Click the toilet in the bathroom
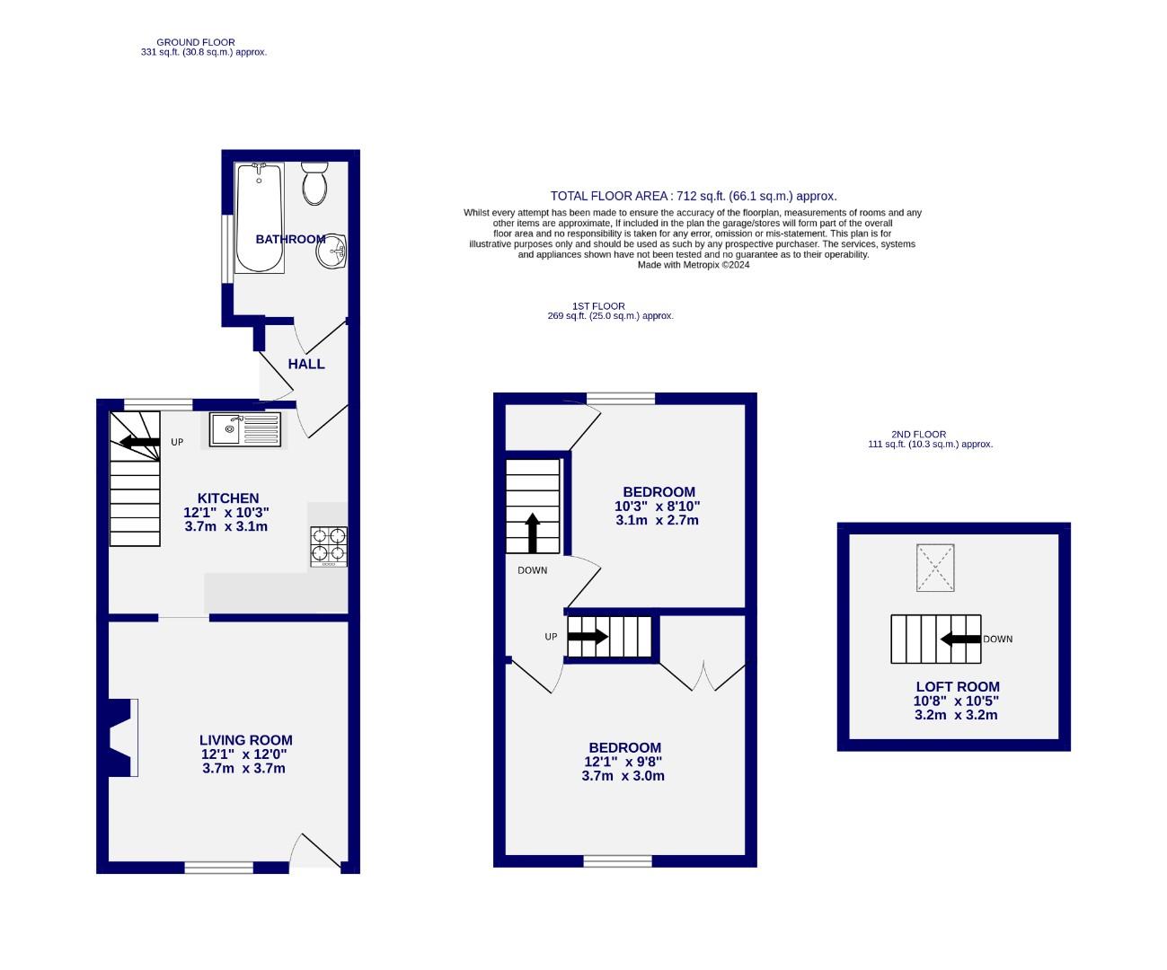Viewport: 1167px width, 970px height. (314, 183)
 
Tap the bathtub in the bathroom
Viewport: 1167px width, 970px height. (260, 218)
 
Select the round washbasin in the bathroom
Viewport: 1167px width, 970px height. (331, 251)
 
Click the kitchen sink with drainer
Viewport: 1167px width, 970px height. (245, 429)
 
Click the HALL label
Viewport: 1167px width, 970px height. (306, 364)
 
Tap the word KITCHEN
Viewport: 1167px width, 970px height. (228, 498)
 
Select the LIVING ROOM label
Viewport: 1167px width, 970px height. (245, 740)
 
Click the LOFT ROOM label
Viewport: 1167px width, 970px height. (957, 687)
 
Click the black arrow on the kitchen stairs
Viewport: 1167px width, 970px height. (139, 442)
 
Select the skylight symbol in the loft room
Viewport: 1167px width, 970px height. (935, 568)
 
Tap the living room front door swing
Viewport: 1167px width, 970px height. (317, 851)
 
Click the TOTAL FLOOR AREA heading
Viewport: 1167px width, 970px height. (693, 196)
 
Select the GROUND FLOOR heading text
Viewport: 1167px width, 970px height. (196, 42)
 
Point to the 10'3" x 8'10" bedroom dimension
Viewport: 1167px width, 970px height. (659, 506)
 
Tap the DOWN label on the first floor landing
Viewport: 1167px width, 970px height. (532, 570)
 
